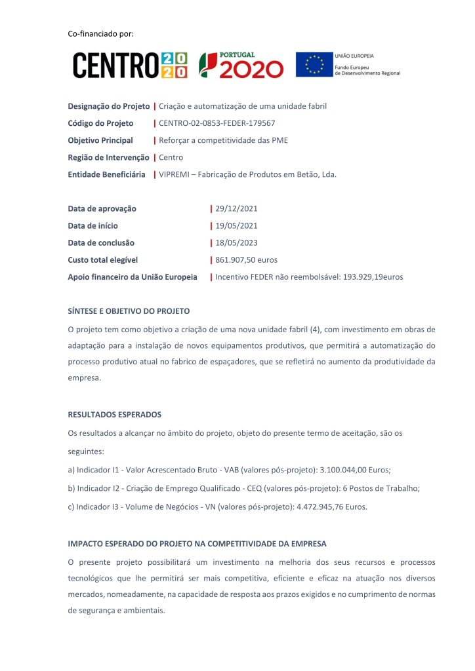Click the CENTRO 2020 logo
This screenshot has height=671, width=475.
click(130, 65)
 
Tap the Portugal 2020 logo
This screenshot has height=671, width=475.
click(241, 65)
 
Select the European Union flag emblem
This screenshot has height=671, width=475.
click(314, 65)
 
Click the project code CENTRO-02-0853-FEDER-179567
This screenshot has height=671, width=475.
click(217, 123)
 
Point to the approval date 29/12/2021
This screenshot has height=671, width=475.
click(236, 209)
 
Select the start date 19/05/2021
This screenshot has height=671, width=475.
click(236, 226)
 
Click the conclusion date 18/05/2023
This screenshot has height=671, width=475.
click(236, 243)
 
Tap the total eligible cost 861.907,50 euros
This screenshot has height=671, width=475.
click(246, 260)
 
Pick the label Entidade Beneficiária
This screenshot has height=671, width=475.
click(106, 174)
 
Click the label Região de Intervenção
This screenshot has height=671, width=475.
click(108, 157)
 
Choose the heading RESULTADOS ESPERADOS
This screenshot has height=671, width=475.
click(114, 415)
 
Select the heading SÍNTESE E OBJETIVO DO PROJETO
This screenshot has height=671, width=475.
click(129, 311)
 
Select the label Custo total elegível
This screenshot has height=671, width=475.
click(103, 260)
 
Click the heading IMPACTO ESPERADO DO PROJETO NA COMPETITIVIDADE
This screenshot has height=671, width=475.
click(197, 545)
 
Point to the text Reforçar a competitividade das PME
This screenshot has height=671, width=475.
click(223, 140)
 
